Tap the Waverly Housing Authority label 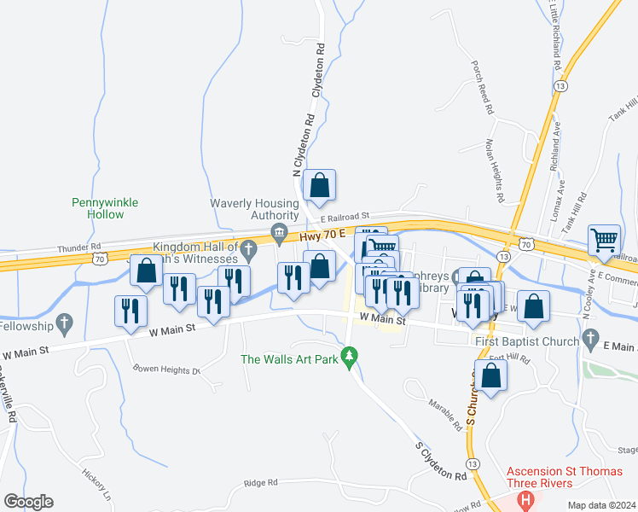[255, 209]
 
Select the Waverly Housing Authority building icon [279, 231]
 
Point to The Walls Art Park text [289, 358]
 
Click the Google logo [28, 502]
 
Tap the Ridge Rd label [261, 483]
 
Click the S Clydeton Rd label [441, 460]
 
